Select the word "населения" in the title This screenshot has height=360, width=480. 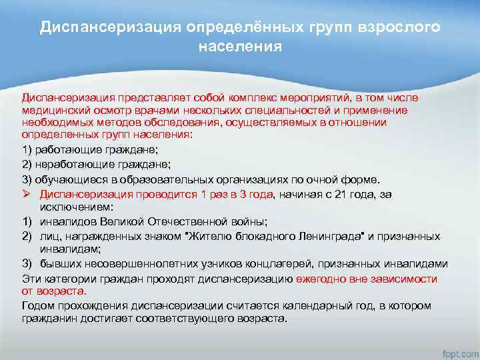pos(240,47)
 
